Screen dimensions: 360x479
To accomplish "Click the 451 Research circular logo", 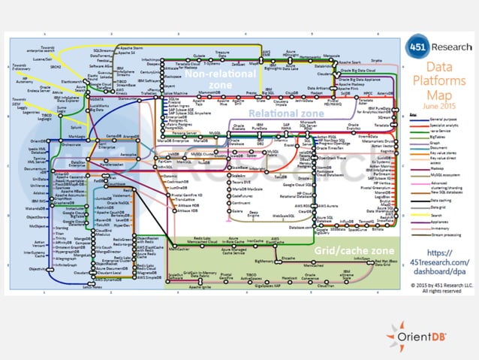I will (417, 47).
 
